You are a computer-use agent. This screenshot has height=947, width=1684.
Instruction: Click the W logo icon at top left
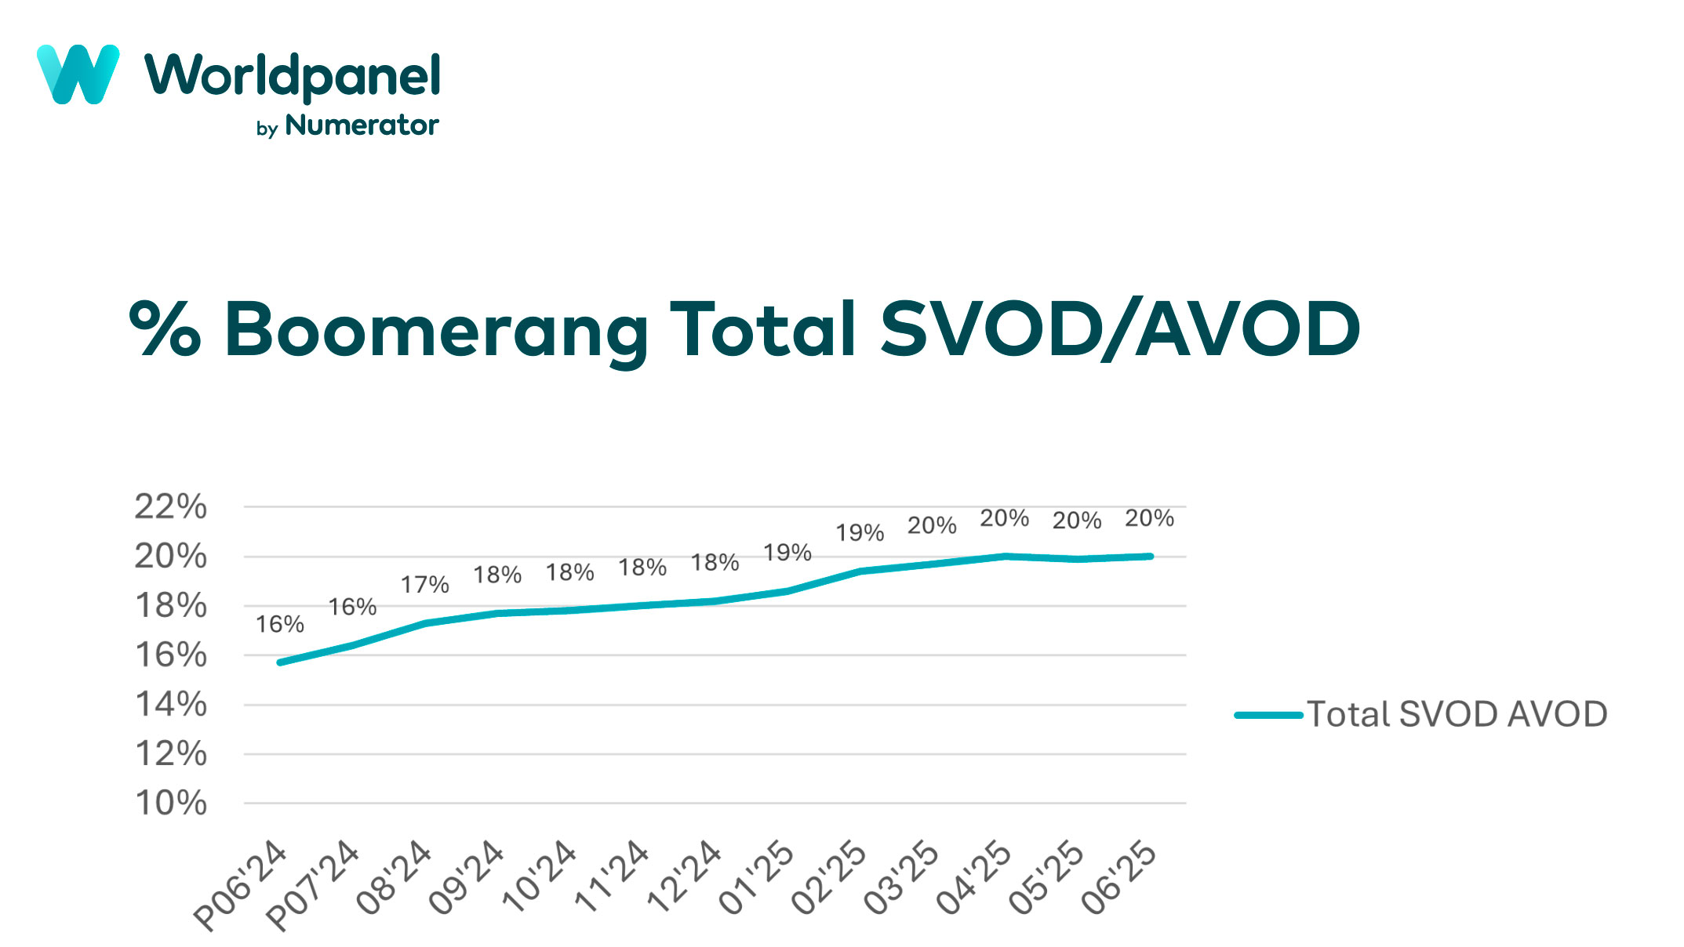[78, 74]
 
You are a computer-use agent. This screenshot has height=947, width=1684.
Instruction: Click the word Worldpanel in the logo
[292, 77]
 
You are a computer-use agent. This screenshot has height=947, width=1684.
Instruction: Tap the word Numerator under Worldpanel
[362, 125]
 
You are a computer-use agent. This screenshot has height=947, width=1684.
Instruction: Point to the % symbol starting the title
[165, 329]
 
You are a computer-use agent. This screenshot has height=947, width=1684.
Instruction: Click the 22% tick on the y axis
[170, 507]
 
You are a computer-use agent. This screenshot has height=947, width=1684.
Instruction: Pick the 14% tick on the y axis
[170, 705]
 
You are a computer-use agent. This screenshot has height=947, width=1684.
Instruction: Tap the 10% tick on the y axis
[170, 804]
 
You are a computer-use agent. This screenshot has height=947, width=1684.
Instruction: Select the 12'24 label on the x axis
[684, 876]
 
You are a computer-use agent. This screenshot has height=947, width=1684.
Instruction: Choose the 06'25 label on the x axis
[1119, 876]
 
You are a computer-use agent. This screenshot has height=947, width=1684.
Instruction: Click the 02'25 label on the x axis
[829, 876]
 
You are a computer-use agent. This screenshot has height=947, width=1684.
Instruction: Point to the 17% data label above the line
[424, 585]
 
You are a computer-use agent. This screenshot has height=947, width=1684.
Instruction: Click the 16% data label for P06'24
[279, 625]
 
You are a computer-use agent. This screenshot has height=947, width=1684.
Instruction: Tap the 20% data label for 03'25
[932, 525]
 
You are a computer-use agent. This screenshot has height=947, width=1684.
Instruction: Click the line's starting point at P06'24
[280, 662]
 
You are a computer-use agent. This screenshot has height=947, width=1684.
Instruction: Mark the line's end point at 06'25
[1150, 557]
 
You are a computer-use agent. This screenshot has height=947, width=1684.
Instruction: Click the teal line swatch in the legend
[1268, 715]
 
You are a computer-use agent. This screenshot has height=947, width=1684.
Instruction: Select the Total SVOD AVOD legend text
[1457, 715]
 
